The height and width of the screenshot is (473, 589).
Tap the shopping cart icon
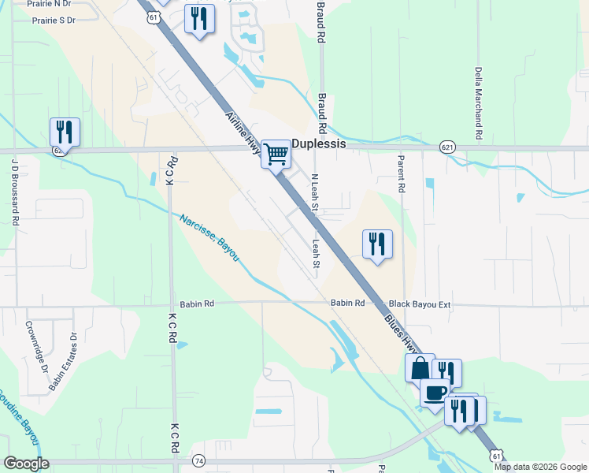point(276,153)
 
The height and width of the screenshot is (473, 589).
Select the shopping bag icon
point(420,367)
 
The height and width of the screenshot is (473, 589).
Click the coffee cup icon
point(435,392)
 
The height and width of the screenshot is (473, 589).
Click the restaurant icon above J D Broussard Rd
point(65,132)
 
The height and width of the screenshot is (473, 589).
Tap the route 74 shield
point(198,460)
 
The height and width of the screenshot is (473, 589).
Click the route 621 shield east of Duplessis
point(447,147)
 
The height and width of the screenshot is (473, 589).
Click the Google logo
point(26,464)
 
